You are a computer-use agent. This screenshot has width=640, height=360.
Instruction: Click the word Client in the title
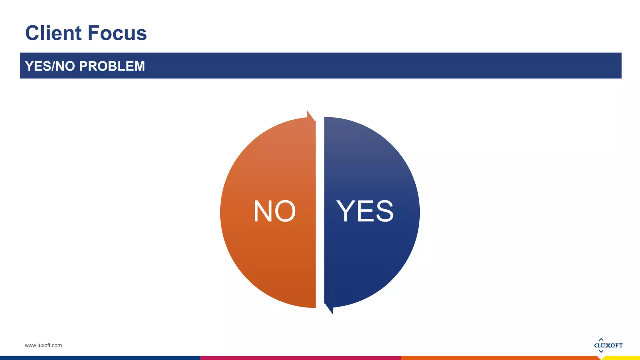coord(53,33)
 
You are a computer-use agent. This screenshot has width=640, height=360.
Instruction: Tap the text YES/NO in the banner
coord(50,66)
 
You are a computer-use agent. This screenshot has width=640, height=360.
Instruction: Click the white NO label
coord(274,212)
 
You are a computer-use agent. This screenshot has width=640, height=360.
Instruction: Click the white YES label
coord(365,211)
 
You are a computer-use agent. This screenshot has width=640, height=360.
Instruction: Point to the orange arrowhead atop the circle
coord(310,116)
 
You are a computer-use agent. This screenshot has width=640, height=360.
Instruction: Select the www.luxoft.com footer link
coord(43,345)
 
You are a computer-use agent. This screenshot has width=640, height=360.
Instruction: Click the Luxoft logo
coord(608,345)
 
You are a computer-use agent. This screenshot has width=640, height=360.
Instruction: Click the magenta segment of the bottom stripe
coord(300,358)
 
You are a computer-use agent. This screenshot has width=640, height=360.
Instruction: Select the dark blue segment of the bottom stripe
coord(100,358)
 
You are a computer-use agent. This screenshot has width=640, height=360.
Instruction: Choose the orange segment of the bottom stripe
coord(500,358)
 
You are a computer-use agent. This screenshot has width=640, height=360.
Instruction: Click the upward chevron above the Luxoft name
coord(601,339)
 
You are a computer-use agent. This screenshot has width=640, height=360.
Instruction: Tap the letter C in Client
coord(34,33)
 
